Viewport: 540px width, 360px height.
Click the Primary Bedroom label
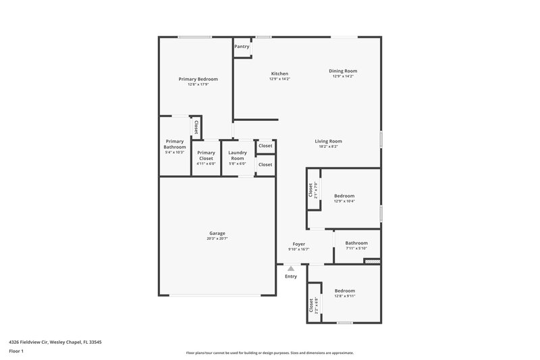pos(198,79)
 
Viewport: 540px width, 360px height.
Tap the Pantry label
pos(242,47)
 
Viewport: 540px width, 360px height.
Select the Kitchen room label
pos(279,74)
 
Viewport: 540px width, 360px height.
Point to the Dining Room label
pos(343,71)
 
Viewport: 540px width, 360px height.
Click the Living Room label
pos(328,141)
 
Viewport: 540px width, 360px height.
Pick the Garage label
pos(217,233)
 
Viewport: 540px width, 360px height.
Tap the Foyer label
pos(298,244)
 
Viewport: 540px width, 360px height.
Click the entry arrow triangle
pos(291,268)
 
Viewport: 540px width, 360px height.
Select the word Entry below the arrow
pos(291,276)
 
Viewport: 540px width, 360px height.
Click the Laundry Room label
pos(237,155)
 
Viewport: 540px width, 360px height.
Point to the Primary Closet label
pos(206,155)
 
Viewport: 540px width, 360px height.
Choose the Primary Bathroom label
pos(174,144)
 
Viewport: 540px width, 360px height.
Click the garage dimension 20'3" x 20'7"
pos(217,238)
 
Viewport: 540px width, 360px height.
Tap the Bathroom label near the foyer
pos(356,243)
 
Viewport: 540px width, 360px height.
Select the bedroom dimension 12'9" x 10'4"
pos(344,201)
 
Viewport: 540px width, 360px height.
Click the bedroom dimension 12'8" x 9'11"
pos(344,296)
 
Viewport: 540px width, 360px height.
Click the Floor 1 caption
pos(16,352)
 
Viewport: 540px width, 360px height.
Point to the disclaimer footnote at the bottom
pos(269,353)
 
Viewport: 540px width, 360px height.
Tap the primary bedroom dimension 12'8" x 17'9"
pos(198,84)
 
